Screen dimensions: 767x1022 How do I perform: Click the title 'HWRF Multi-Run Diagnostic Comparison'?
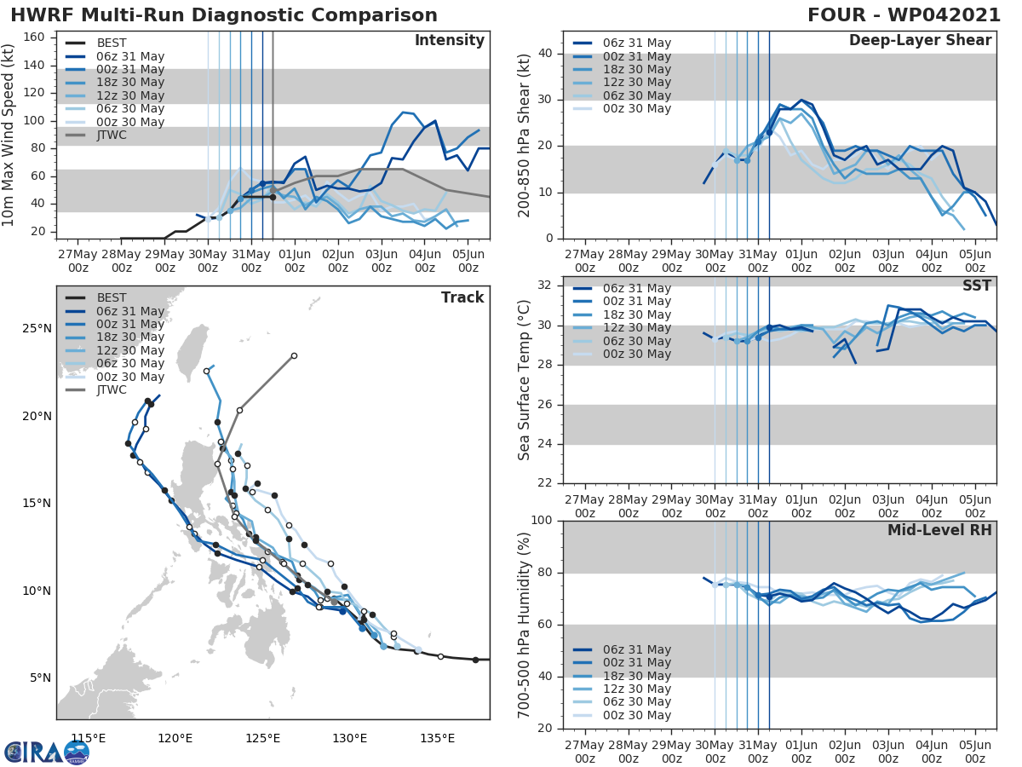pyautogui.click(x=224, y=15)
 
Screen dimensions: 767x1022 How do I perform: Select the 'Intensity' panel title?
pyautogui.click(x=449, y=41)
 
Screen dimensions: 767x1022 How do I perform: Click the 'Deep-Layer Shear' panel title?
pyautogui.click(x=920, y=41)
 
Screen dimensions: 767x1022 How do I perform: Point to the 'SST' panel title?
pyautogui.click(x=975, y=285)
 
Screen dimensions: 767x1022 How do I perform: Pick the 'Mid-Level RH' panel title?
pyautogui.click(x=939, y=530)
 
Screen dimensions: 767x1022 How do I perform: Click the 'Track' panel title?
pyautogui.click(x=462, y=297)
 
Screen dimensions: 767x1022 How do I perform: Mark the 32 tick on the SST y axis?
pyautogui.click(x=545, y=285)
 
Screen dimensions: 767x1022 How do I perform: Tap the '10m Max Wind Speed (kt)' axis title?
pyautogui.click(x=9, y=135)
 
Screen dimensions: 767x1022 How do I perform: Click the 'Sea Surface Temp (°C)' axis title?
pyautogui.click(x=525, y=379)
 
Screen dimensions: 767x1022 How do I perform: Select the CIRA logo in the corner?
pyautogui.click(x=47, y=752)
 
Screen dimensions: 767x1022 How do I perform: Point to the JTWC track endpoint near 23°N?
pyautogui.click(x=294, y=356)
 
